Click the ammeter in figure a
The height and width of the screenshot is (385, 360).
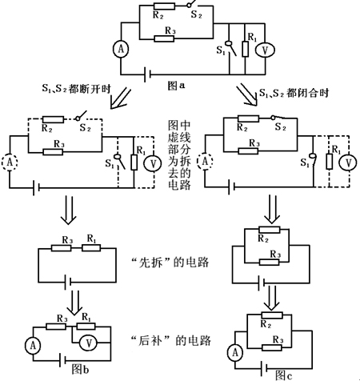point(121,49)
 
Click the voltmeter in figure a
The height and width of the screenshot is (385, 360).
point(265,50)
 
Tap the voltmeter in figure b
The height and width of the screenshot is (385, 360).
point(89,343)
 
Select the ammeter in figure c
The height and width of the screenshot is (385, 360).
point(235,352)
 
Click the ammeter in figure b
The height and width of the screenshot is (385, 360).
point(33,345)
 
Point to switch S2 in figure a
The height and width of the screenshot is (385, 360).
point(194,5)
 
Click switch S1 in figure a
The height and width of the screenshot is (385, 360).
point(231,48)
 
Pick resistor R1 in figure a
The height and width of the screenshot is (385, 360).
point(246,49)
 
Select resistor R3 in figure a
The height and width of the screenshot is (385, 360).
point(164,38)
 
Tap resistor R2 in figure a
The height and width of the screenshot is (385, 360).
point(164,6)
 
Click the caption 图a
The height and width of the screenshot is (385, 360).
point(176,86)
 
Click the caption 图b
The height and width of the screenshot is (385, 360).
point(80,370)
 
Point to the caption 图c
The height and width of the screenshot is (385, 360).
point(284,375)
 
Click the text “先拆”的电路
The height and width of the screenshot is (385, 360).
point(170,263)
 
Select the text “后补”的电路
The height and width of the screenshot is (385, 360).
point(171,341)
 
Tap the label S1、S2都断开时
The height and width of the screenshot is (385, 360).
point(76,89)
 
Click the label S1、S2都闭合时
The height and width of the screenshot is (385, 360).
point(294,93)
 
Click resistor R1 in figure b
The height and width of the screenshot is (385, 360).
point(86,326)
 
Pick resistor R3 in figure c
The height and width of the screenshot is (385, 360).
point(272,347)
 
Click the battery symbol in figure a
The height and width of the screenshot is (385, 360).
point(147,74)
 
